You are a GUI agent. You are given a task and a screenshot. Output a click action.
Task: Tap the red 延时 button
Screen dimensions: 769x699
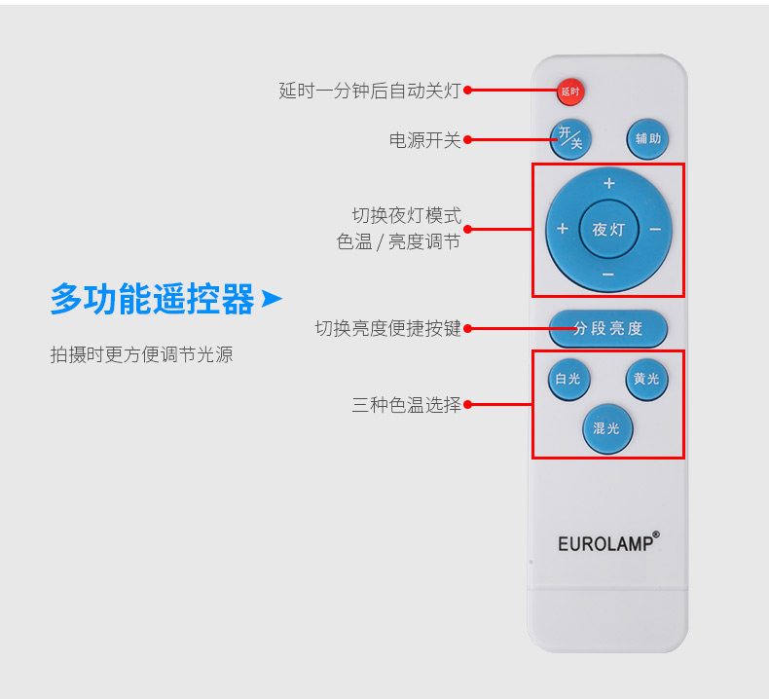[x=569, y=92]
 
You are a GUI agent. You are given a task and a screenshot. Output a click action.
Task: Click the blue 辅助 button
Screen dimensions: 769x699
[x=647, y=139]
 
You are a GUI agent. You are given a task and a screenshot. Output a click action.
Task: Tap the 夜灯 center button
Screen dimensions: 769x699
[x=608, y=230]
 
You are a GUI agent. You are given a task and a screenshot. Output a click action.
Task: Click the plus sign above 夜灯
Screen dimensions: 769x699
[x=609, y=183]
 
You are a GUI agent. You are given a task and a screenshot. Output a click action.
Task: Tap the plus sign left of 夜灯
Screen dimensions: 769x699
[x=562, y=230]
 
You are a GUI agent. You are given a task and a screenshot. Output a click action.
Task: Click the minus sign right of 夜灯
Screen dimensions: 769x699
[x=655, y=230]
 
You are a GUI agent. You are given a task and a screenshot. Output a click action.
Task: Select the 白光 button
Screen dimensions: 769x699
[x=567, y=379]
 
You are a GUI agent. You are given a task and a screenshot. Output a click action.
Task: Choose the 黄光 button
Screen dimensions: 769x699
[x=646, y=379]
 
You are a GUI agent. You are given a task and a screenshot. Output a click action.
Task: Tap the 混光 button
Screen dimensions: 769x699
[x=607, y=427]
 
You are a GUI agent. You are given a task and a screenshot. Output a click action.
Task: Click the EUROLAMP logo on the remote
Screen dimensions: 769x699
[x=608, y=542]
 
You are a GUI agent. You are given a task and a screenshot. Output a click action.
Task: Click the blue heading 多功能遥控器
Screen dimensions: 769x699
[x=153, y=299]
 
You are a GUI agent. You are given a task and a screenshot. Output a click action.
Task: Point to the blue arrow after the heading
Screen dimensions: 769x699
[x=272, y=298]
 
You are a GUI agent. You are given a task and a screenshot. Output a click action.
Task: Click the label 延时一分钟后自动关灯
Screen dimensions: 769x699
[x=370, y=91]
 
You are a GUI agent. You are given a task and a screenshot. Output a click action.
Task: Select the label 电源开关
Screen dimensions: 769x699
[x=424, y=140]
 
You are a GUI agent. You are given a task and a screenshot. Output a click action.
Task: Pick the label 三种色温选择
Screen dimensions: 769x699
[x=406, y=404]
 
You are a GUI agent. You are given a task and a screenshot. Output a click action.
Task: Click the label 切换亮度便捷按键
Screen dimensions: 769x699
[x=387, y=328]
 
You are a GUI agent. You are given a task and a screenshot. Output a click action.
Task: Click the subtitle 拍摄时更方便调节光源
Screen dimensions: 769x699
[x=142, y=354]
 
